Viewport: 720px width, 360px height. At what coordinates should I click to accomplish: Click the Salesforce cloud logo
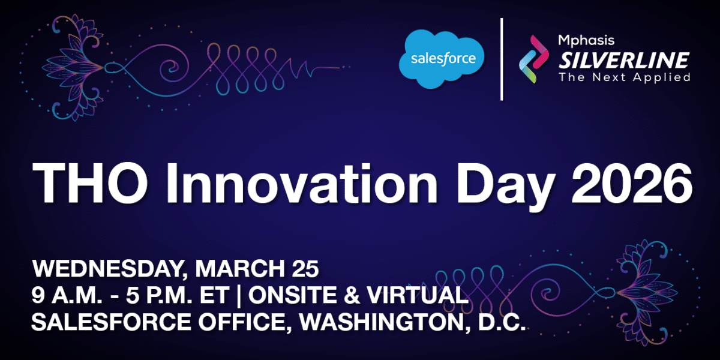(442, 59)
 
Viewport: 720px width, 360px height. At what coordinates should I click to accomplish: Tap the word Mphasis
(586, 41)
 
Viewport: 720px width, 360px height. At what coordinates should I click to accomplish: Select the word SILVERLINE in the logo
(623, 60)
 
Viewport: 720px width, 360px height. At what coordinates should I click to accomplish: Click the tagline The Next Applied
(624, 77)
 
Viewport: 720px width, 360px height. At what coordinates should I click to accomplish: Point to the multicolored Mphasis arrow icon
(534, 59)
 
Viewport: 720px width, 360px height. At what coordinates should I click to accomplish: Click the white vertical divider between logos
(502, 59)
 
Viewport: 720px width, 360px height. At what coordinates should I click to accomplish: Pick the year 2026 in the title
(632, 183)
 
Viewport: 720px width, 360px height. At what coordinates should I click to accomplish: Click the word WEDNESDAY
(110, 269)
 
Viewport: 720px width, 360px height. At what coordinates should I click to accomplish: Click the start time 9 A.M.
(67, 295)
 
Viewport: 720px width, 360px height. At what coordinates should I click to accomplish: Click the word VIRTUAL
(418, 295)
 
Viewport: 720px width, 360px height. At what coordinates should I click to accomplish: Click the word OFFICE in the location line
(242, 322)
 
